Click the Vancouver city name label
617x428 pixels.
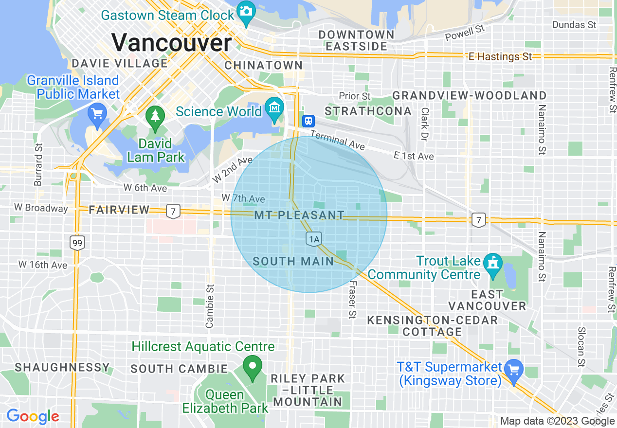[x=172, y=42]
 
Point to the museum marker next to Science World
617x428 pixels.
[x=275, y=107]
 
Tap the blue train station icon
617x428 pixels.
[x=308, y=121]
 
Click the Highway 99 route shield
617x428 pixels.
[x=77, y=242]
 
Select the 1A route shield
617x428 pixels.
[x=314, y=239]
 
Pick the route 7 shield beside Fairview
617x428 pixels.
[x=173, y=211]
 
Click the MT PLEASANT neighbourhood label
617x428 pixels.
[x=299, y=215]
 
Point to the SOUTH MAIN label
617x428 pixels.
[x=293, y=261]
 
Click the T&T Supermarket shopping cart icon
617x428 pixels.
[x=513, y=370]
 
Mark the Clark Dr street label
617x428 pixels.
[x=424, y=125]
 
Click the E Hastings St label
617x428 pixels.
[x=500, y=57]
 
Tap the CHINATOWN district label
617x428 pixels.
[x=264, y=65]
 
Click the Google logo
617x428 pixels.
[x=33, y=416]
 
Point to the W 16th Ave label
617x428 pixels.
[x=43, y=265]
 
